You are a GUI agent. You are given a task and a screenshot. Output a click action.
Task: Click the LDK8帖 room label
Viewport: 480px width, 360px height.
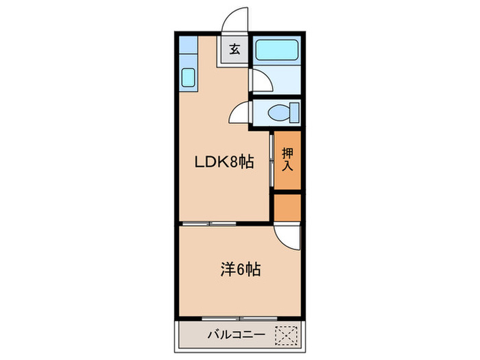pos(225,163)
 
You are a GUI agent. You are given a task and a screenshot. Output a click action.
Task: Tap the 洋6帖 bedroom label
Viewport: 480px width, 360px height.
pos(240,270)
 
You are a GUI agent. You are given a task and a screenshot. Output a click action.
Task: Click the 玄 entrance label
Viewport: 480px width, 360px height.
pos(235,49)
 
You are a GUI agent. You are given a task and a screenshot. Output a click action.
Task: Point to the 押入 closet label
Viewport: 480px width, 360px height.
pos(287,160)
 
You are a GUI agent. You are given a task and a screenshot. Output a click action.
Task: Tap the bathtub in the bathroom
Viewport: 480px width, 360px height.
pos(277,51)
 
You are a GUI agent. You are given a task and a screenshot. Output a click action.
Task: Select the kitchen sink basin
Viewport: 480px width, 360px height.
pos(189,77)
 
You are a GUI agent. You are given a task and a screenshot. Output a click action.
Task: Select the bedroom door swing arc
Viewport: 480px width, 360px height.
pos(287,237)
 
